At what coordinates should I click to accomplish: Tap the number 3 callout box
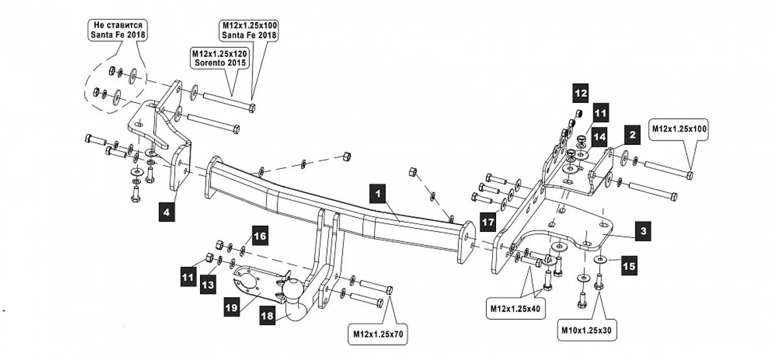[x=641, y=231]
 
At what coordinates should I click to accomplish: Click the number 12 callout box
[x=580, y=93]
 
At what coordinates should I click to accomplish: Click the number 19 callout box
[x=232, y=309]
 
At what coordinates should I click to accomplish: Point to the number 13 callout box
[x=208, y=284]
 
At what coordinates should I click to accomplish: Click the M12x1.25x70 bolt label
[x=378, y=334]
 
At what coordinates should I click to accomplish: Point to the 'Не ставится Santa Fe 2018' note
[x=117, y=30]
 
